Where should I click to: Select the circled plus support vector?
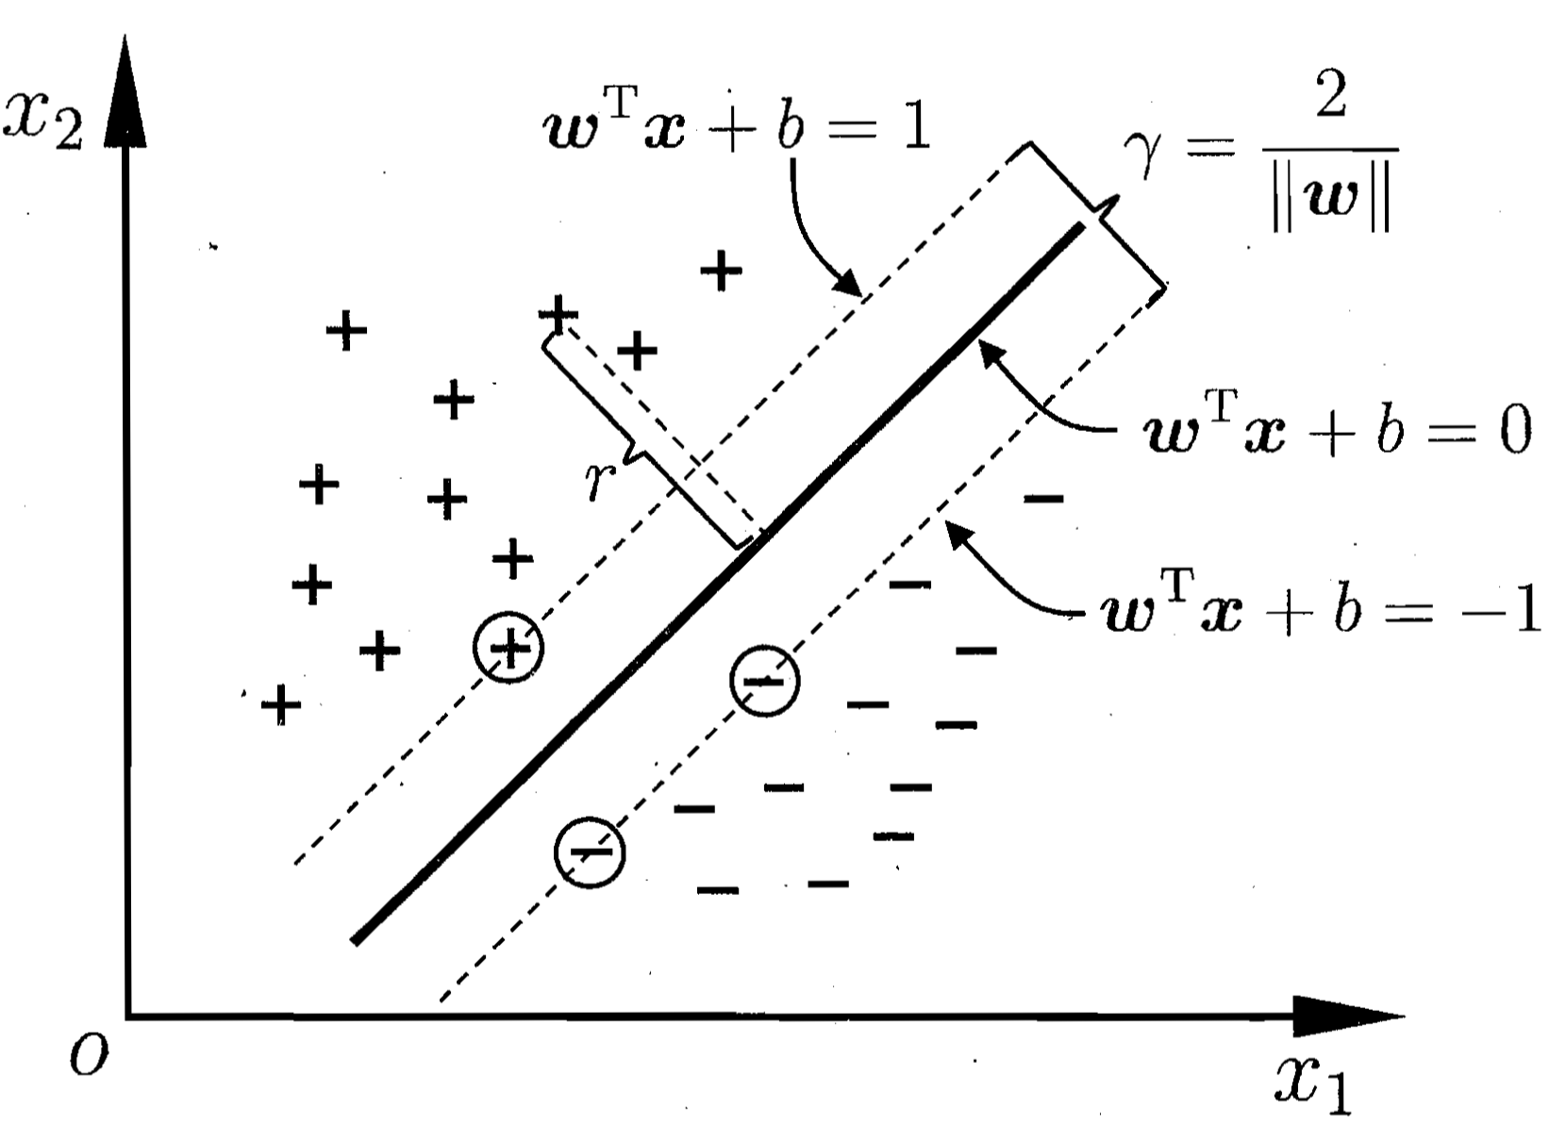(508, 648)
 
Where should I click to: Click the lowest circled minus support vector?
(590, 852)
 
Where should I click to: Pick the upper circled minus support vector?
(765, 680)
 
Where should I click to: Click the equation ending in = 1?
(737, 124)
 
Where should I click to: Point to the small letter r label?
(601, 481)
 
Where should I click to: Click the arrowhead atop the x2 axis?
(125, 91)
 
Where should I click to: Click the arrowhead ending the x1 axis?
(1348, 1016)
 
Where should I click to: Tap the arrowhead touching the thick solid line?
(995, 356)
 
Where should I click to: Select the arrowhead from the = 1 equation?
(846, 282)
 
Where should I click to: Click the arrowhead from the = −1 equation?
(960, 538)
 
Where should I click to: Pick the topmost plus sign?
(721, 270)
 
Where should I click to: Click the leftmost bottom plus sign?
(281, 704)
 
